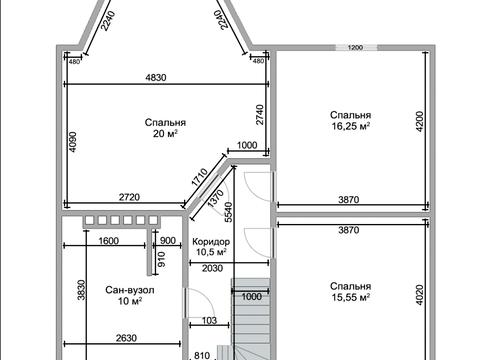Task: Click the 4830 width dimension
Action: point(156,78)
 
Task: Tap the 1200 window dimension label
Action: point(355,48)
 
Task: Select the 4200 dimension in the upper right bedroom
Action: point(420,121)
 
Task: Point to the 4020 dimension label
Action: point(420,295)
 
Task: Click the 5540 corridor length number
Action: point(229,212)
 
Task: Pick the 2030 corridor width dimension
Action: point(212,268)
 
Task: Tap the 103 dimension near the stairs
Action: point(209,321)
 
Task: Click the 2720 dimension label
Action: point(129,197)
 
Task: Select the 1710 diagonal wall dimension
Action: point(200,177)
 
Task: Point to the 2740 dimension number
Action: point(260,115)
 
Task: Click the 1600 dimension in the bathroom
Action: point(109,241)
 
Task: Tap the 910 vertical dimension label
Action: point(161,259)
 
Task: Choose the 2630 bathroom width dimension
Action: point(126,338)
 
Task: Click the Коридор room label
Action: point(211,242)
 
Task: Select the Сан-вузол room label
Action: point(130,290)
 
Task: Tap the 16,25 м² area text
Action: point(351,126)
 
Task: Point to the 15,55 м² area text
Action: point(351,297)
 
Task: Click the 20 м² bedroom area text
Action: point(165,134)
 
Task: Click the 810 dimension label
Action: point(202,356)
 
